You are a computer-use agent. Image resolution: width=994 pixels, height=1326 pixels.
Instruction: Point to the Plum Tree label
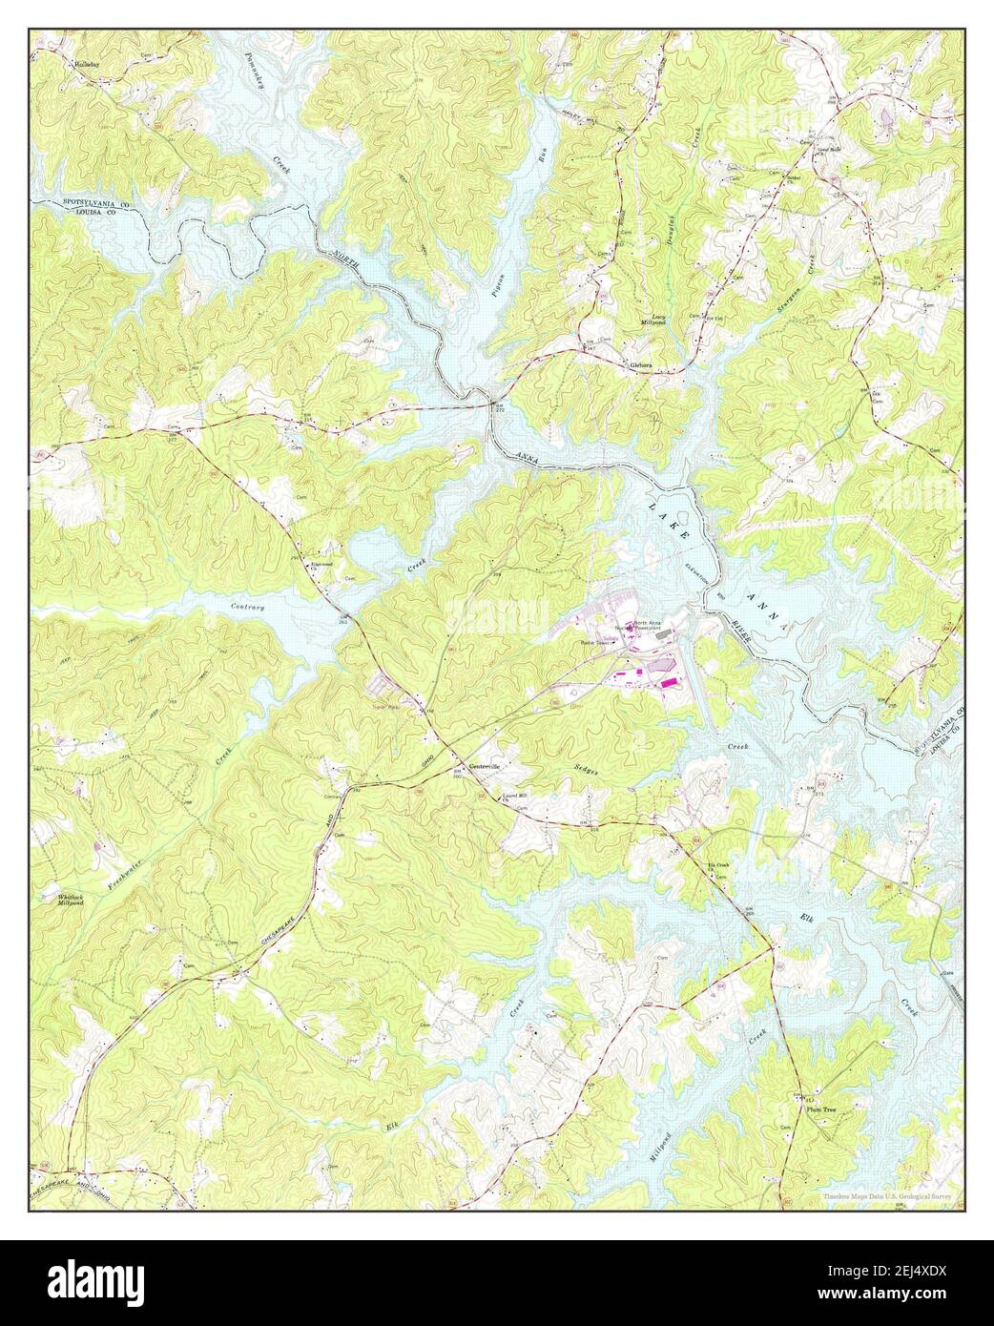click(818, 1109)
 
